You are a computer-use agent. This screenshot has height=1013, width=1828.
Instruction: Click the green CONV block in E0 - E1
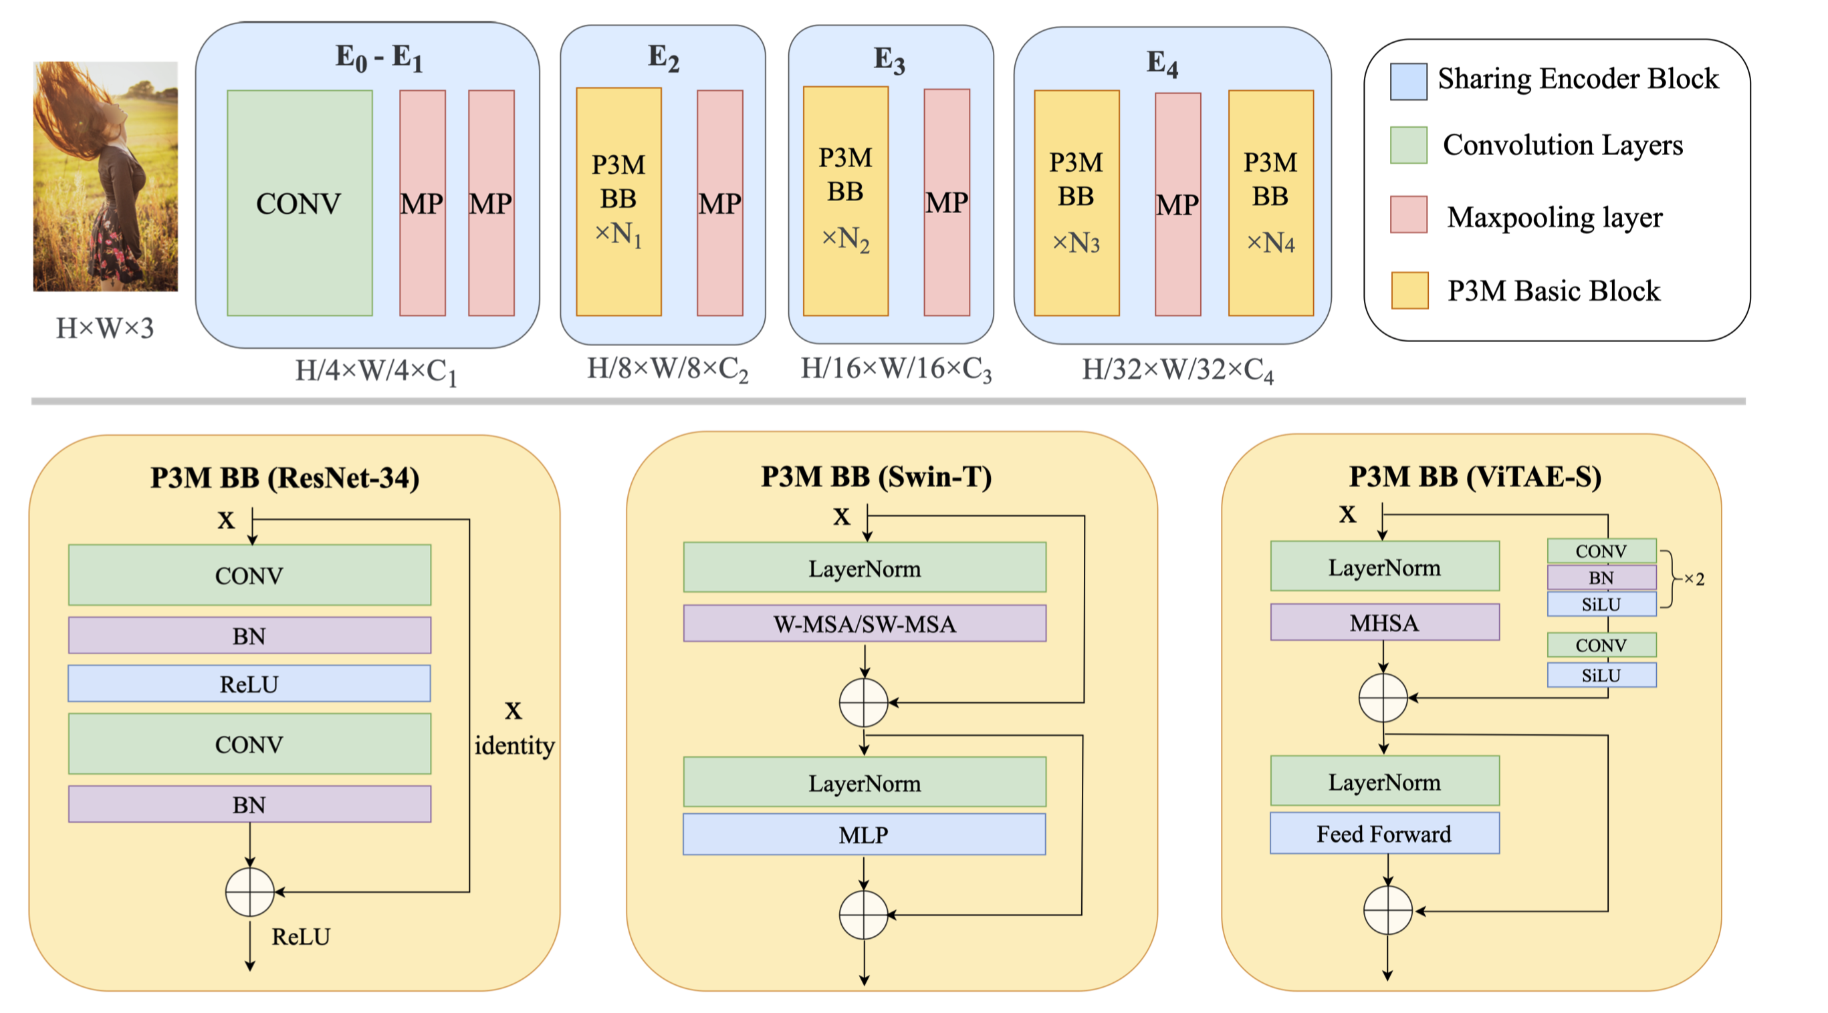tap(300, 203)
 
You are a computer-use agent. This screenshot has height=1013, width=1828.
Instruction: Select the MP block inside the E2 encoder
tap(719, 203)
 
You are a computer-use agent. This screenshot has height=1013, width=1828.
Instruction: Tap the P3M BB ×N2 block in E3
tap(845, 202)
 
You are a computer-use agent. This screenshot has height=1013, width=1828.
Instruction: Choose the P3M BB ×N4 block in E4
tap(1270, 203)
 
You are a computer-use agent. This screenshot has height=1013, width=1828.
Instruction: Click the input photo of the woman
tap(106, 176)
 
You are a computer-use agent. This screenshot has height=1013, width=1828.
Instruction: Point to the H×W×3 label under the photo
tap(105, 329)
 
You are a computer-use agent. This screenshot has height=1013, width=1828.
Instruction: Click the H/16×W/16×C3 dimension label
tap(896, 369)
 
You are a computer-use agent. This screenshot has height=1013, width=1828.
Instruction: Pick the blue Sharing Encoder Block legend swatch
tap(1409, 82)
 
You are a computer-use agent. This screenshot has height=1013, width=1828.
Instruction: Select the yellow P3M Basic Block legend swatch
tap(1409, 290)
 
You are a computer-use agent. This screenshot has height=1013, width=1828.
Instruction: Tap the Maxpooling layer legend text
tap(1554, 217)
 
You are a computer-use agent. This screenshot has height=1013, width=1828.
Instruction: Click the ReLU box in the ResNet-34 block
tap(249, 684)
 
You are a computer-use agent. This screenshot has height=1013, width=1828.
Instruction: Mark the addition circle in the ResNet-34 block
tap(250, 891)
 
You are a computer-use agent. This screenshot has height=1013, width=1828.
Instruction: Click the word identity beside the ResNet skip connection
tap(514, 746)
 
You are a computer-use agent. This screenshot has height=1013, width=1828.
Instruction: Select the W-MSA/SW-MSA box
tap(865, 623)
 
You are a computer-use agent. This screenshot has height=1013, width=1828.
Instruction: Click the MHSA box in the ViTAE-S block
tap(1385, 622)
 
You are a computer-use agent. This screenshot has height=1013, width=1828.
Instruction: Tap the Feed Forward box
tap(1385, 833)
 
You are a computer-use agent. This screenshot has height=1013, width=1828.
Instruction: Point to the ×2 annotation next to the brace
tap(1694, 579)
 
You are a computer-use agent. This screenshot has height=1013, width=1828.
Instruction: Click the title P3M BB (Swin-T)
tap(877, 476)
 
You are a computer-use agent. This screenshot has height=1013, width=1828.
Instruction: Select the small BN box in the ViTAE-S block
tap(1601, 577)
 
